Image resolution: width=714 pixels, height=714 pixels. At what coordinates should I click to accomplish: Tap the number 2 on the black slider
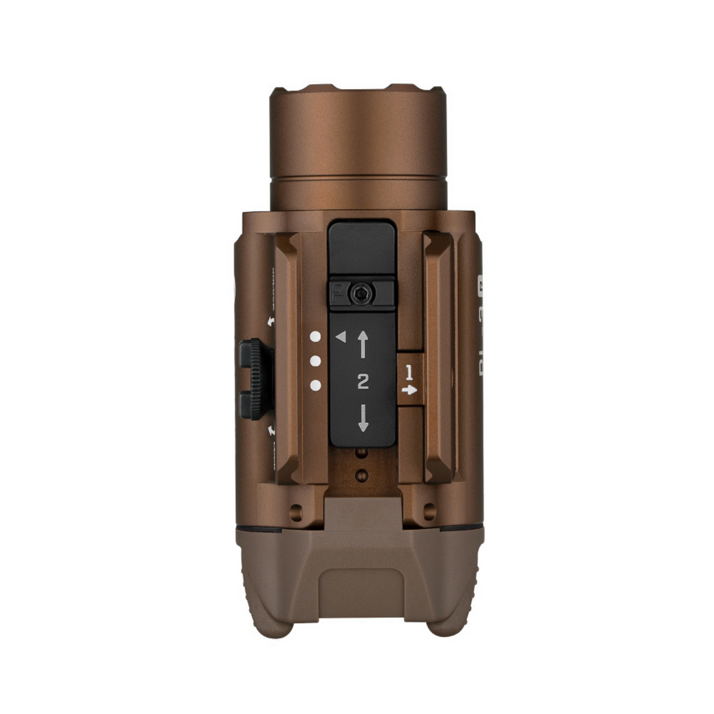click(363, 381)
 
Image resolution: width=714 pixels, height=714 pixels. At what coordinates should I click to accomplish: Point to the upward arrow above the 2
click(363, 344)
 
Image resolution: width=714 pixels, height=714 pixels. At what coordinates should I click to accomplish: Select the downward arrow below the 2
click(363, 418)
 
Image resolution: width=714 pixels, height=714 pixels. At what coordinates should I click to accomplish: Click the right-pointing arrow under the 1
click(409, 390)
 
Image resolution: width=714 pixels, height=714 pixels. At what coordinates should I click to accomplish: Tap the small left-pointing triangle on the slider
click(340, 337)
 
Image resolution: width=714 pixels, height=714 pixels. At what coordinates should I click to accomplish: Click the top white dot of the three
click(315, 337)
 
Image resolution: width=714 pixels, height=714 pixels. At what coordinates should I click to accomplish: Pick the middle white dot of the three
click(315, 361)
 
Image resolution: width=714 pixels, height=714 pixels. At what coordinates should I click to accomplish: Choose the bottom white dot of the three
click(315, 385)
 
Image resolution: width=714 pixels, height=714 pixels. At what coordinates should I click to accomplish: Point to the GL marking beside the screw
click(337, 294)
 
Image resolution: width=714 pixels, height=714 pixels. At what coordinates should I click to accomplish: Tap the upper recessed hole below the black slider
click(363, 454)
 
